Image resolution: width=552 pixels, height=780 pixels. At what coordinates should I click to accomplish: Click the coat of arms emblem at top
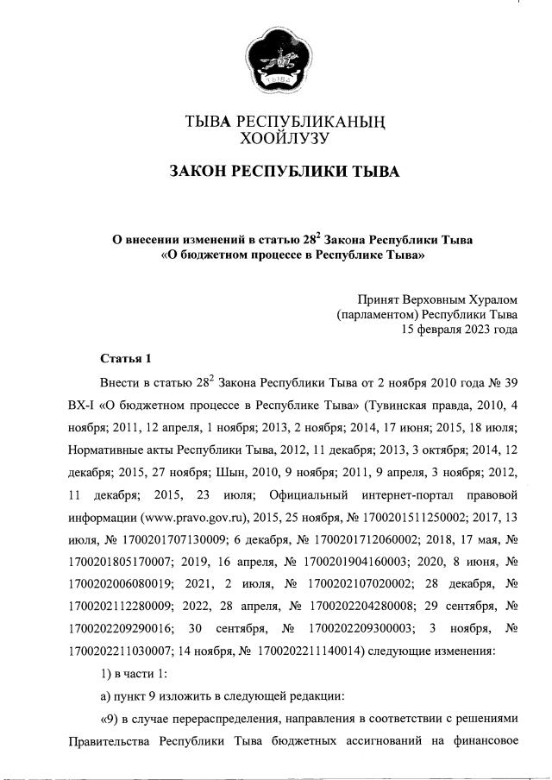277,58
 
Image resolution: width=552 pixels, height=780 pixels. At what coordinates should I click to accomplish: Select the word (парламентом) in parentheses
375,313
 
